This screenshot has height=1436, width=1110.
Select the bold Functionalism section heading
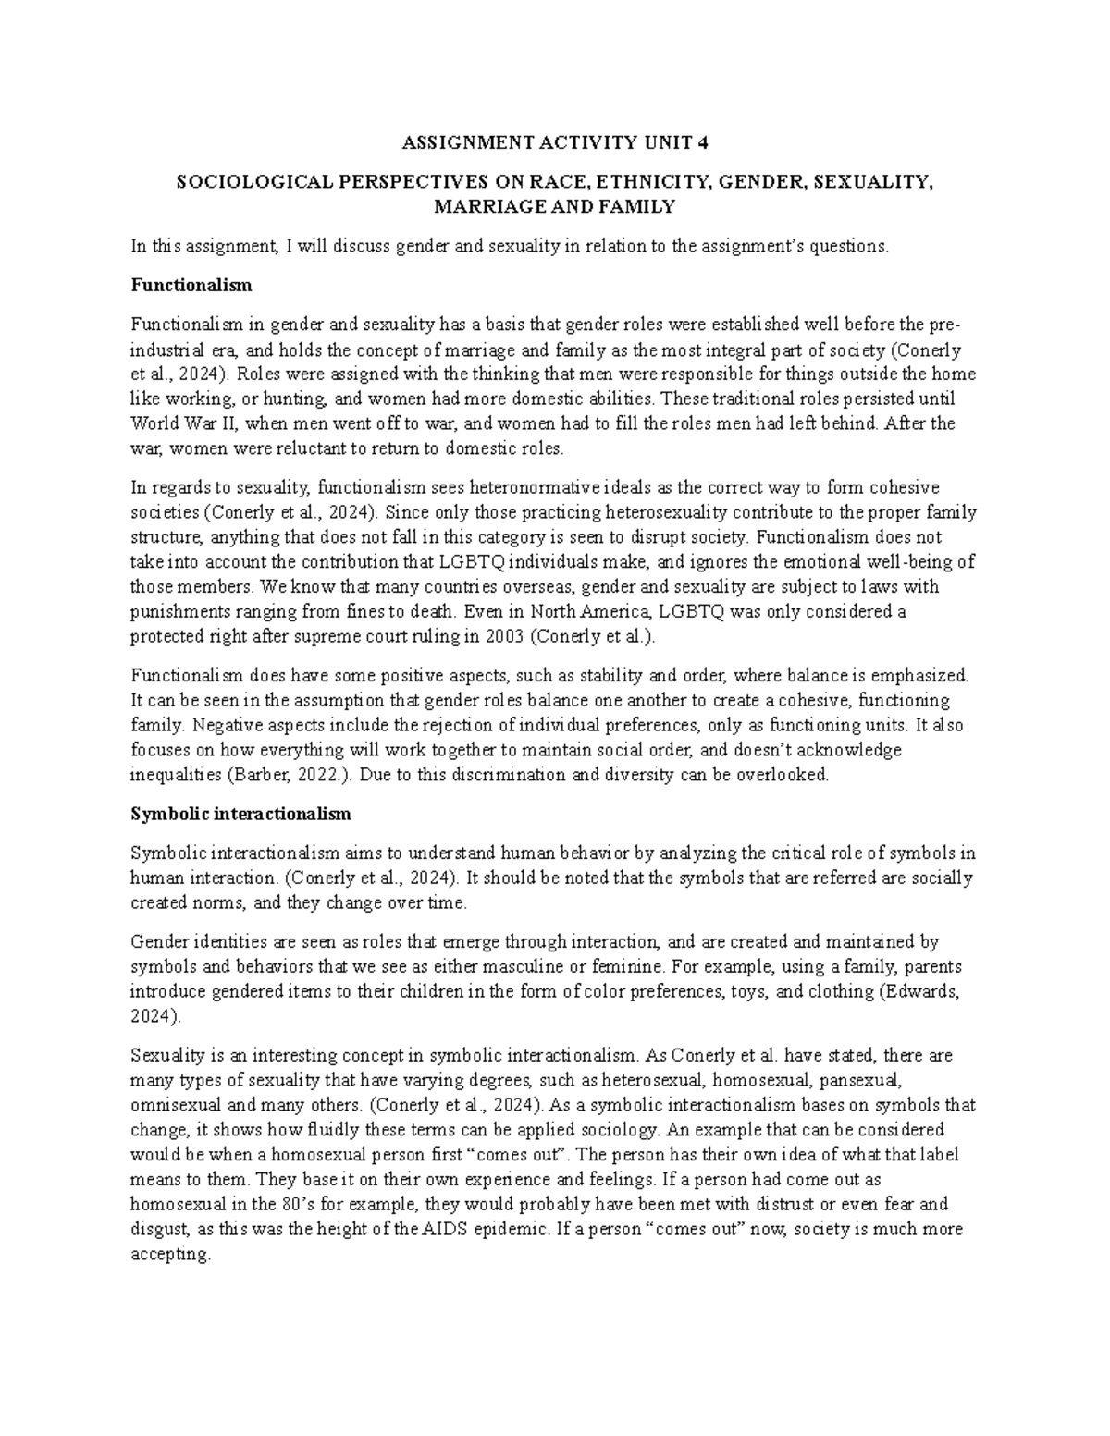click(191, 286)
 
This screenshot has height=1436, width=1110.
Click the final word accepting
click(170, 1255)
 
